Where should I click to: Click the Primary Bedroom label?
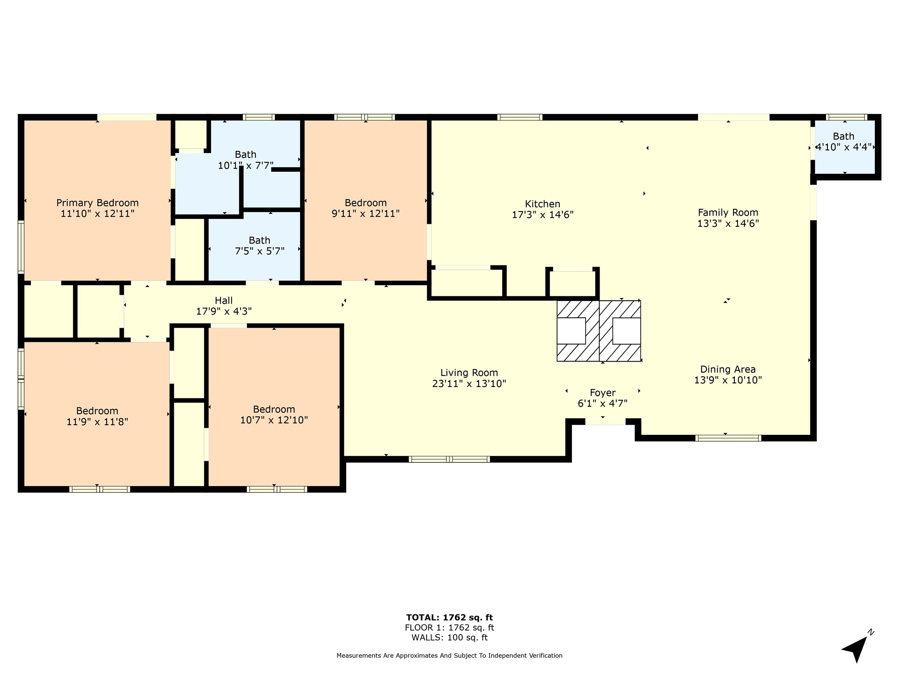coord(97,203)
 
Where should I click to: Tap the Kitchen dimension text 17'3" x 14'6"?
coord(543,215)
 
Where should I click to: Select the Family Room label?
coord(728,212)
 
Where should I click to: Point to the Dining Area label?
coord(728,369)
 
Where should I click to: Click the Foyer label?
coord(603,393)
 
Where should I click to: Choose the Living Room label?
coord(469,373)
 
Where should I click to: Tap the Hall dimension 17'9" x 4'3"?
coord(224,312)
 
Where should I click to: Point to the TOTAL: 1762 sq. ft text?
coord(449,618)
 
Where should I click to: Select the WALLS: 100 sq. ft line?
coord(449,638)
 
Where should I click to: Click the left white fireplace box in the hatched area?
coord(571,331)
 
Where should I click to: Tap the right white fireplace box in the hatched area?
coord(626,331)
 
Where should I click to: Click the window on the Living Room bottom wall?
coord(449,459)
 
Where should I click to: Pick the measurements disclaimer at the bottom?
coord(449,656)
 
